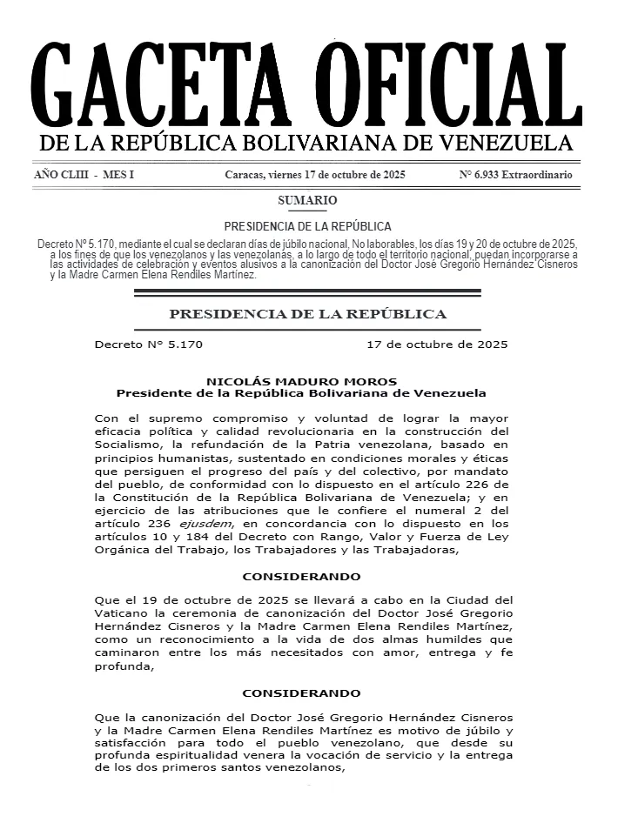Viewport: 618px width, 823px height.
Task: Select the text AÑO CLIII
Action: click(x=61, y=175)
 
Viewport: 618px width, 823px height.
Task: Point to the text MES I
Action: click(x=118, y=175)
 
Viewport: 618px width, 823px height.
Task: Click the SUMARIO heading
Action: click(x=307, y=201)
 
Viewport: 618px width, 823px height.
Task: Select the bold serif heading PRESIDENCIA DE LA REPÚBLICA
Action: click(x=307, y=314)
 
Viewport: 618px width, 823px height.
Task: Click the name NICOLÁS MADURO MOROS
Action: click(x=301, y=381)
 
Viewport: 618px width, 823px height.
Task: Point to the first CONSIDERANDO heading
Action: click(x=301, y=577)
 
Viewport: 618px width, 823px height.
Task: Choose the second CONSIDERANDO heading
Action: click(x=301, y=693)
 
